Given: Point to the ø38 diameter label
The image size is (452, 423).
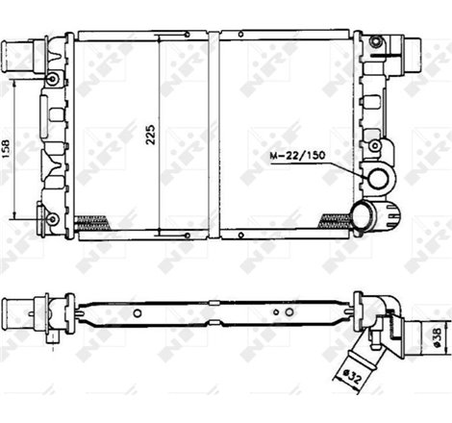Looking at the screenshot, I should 438,336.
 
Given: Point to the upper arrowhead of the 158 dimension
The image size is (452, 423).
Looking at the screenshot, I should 16,81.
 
